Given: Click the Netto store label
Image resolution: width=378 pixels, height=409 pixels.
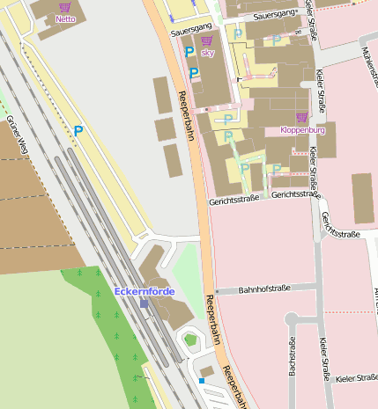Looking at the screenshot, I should click(x=65, y=18).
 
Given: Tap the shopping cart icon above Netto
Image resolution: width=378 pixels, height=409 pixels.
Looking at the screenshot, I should click(x=65, y=7).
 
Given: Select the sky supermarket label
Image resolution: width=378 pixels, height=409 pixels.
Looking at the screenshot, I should click(x=207, y=53).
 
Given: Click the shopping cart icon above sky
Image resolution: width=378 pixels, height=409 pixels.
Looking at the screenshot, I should click(x=207, y=41).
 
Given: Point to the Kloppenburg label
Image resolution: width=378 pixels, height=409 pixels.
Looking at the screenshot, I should click(x=302, y=130).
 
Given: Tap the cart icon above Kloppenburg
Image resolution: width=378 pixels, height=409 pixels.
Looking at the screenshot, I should click(x=302, y=118).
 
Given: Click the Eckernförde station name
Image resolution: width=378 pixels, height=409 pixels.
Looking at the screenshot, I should click(x=144, y=291).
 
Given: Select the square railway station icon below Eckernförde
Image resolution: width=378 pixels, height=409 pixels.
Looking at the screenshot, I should click(x=144, y=303).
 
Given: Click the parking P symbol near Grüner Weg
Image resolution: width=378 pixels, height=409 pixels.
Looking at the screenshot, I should click(x=78, y=131).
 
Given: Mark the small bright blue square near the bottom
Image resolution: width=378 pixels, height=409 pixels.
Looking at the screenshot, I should click(x=201, y=381).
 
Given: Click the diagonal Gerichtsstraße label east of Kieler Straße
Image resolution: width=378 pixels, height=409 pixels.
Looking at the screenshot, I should click(x=340, y=226).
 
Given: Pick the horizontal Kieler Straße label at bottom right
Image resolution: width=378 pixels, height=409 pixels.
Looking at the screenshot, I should click(x=356, y=378).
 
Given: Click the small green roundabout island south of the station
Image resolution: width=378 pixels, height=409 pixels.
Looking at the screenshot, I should click(x=189, y=339).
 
